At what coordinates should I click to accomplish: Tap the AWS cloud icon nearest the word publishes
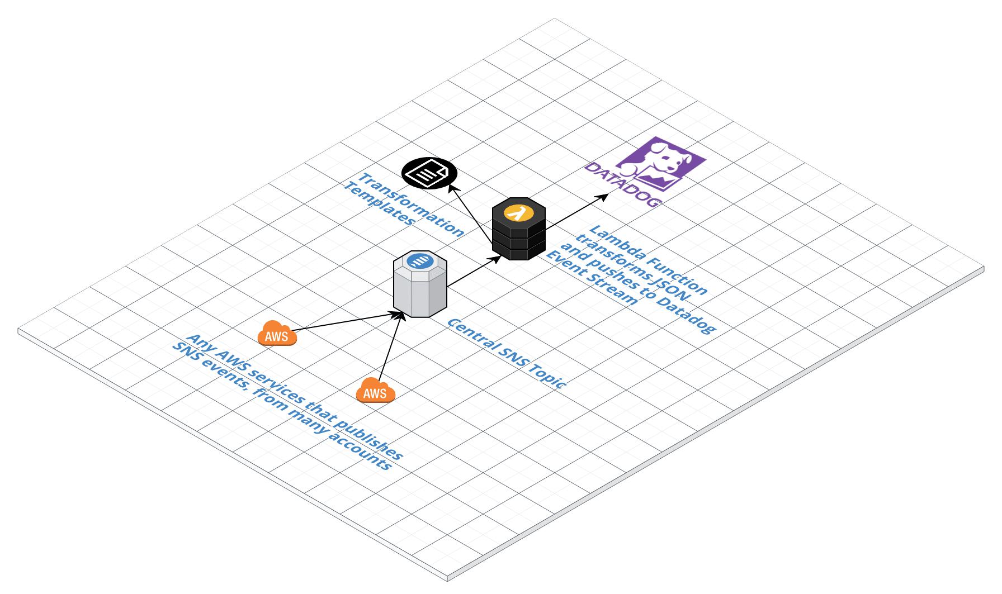pos(375,391)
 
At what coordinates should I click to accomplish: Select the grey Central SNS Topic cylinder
pos(420,291)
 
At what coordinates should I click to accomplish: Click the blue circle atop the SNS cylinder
pos(419,260)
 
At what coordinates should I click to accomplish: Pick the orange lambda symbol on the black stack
pos(518,213)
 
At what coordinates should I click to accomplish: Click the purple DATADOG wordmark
pos(621,184)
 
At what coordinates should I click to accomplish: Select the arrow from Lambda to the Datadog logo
pos(576,210)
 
